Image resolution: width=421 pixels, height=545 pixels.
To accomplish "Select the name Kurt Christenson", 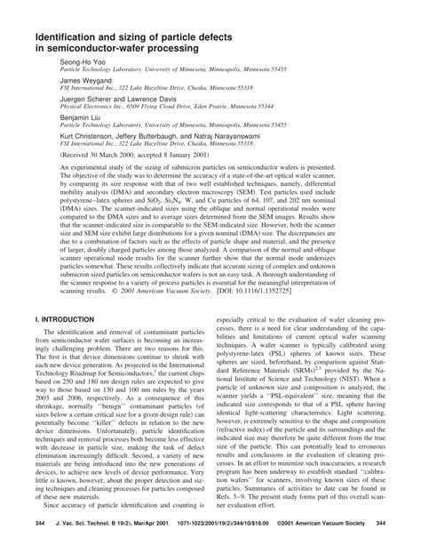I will point(88,140).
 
